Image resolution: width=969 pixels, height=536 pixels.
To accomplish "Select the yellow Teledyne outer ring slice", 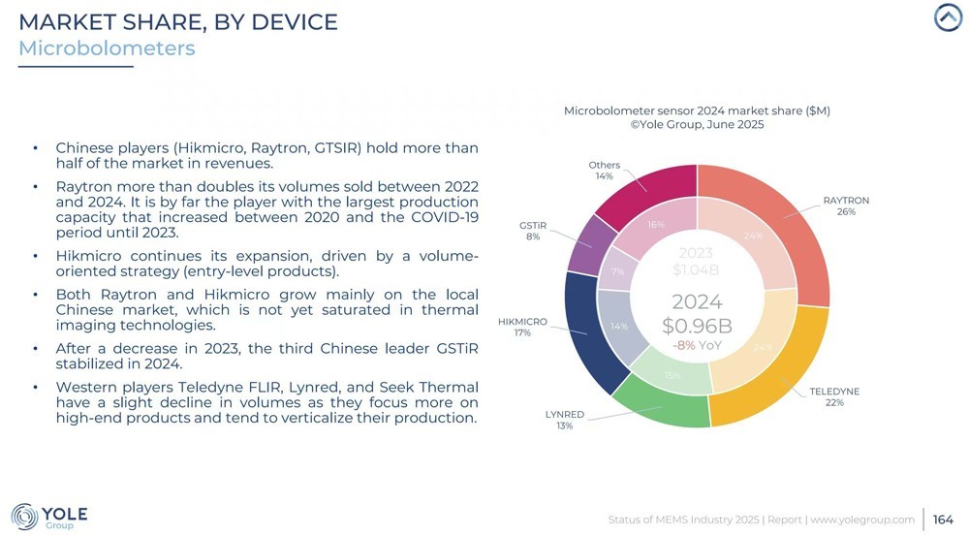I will pyautogui.click(x=775, y=378).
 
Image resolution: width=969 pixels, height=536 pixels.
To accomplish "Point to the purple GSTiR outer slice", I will pyautogui.click(x=583, y=244).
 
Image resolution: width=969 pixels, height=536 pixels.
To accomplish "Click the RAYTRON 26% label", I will pyautogui.click(x=846, y=205).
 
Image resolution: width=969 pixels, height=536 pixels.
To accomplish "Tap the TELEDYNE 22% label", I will pyautogui.click(x=834, y=396).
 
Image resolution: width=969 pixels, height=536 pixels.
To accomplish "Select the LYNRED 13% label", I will pyautogui.click(x=564, y=420).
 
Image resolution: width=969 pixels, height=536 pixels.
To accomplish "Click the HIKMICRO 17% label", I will pyautogui.click(x=522, y=327).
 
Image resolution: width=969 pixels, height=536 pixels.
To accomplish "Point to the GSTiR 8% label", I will pyautogui.click(x=533, y=231).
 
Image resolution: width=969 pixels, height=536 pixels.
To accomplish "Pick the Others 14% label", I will pyautogui.click(x=605, y=171).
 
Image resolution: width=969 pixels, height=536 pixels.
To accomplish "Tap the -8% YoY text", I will pyautogui.click(x=697, y=344).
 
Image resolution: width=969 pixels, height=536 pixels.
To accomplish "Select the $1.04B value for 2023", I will pyautogui.click(x=697, y=269).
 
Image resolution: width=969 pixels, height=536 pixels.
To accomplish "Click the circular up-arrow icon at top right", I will pyautogui.click(x=947, y=17).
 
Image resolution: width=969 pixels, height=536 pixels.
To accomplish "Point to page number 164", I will pyautogui.click(x=943, y=520).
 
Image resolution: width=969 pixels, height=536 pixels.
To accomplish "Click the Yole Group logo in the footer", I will pyautogui.click(x=49, y=517).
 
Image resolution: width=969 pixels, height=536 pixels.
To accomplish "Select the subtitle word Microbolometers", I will pyautogui.click(x=107, y=47).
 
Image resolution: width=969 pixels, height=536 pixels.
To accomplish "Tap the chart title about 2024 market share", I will pyautogui.click(x=697, y=110).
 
